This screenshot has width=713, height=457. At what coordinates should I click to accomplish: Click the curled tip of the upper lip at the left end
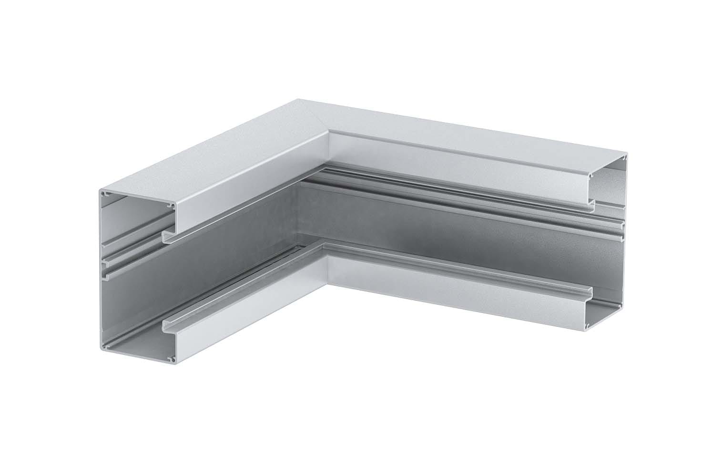(x=164, y=235)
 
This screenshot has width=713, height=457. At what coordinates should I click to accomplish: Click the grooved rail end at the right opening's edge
(x=620, y=229)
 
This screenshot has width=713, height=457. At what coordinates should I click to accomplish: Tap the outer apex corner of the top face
(x=299, y=100)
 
